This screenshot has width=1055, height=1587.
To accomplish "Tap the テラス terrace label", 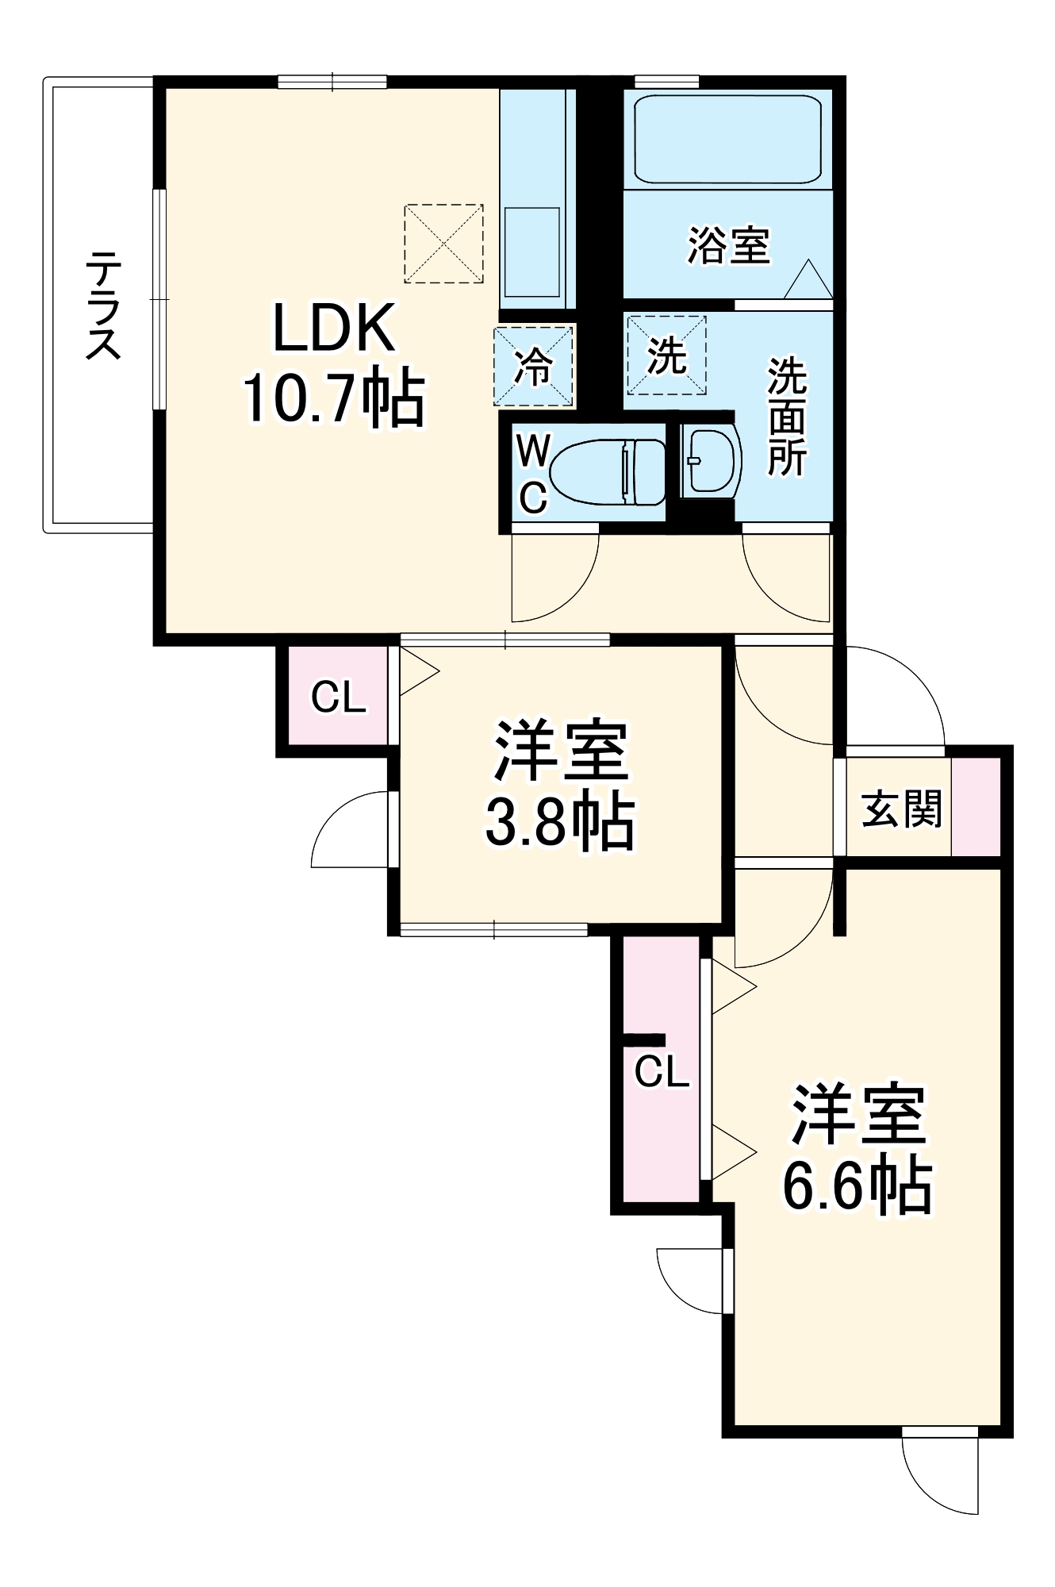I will click(103, 305).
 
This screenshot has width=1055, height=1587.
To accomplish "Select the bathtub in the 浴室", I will click(727, 140).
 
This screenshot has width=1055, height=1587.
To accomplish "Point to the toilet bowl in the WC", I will click(607, 473).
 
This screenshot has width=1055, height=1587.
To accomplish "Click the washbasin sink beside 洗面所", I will click(708, 461).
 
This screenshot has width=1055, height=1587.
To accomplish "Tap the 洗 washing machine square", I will click(666, 355).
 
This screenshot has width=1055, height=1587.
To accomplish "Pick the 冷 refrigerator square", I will click(534, 366).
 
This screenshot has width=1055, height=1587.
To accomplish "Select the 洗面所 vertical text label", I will click(786, 417).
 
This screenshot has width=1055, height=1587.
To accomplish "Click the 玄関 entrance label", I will click(901, 809).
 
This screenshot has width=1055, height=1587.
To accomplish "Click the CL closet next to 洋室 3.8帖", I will click(338, 697).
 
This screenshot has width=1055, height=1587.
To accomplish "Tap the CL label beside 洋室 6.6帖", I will click(662, 1072).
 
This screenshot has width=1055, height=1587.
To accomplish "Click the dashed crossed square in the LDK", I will click(443, 244).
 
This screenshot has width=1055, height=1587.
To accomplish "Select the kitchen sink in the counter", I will click(531, 252).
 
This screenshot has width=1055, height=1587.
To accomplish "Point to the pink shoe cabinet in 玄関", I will click(976, 807).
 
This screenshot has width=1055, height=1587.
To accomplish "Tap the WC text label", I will click(532, 475).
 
